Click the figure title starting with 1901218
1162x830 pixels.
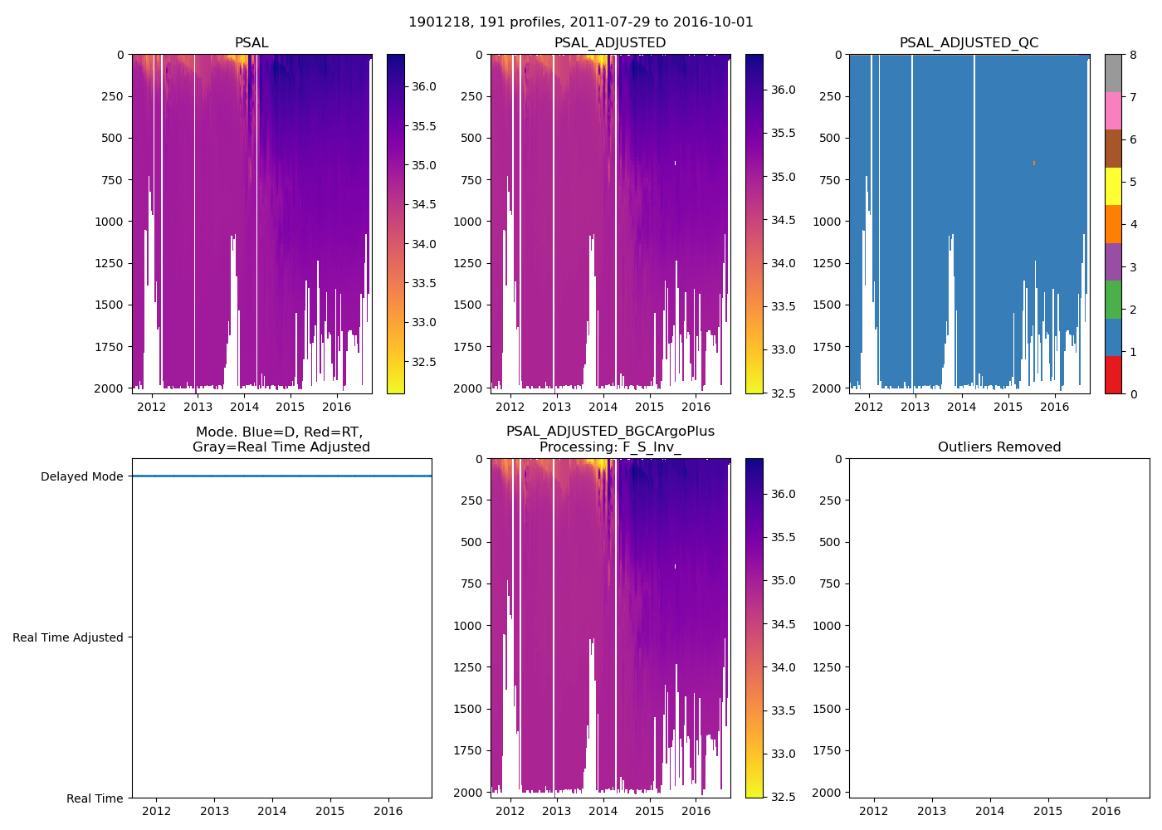pos(580,22)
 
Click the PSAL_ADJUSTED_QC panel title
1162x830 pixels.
pos(969,43)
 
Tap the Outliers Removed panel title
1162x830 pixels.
pos(998,447)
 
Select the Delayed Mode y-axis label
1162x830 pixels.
pos(81,476)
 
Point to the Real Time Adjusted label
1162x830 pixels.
pos(67,637)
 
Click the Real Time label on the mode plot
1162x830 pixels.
pos(95,798)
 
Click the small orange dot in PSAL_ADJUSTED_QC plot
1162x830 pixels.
pos(1033,163)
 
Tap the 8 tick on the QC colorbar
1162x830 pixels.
pos(1133,55)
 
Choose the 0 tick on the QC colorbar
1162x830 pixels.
pos(1133,393)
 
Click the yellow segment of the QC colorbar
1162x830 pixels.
pos(1113,186)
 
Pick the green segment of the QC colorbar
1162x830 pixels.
pos(1113,299)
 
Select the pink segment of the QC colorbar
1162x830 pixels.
pos(1113,110)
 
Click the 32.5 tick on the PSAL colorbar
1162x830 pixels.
pos(424,362)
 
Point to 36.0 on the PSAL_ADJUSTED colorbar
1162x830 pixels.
pos(783,90)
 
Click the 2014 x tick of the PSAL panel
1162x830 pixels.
pos(244,407)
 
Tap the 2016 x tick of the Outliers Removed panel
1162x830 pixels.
pos(1106,811)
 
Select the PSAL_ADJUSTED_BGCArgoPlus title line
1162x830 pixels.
pos(610,432)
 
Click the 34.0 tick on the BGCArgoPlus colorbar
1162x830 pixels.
pos(783,667)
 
